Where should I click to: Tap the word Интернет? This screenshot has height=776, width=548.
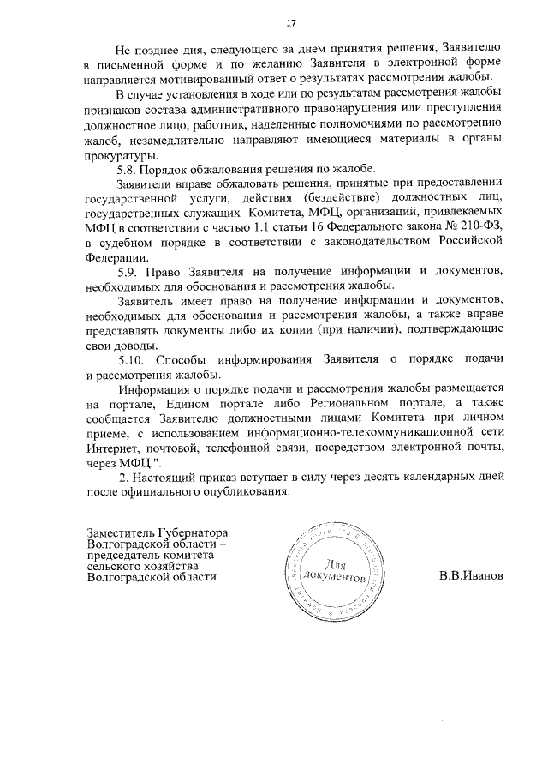(x=111, y=448)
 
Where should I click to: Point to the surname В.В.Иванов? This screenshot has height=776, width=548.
(x=469, y=575)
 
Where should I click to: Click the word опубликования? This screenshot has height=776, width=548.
(x=251, y=492)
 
